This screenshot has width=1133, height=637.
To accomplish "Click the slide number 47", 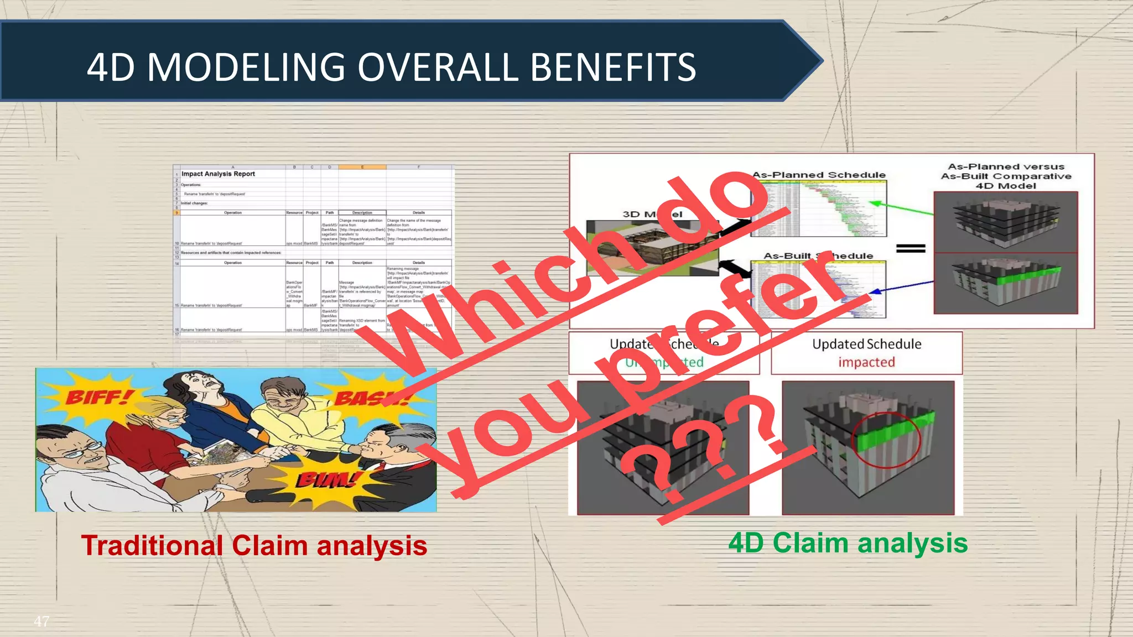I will [41, 621].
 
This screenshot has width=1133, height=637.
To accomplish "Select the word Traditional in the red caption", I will [152, 546].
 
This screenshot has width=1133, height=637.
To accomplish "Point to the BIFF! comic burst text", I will [100, 398].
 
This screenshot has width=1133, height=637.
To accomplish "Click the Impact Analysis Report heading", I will [218, 174].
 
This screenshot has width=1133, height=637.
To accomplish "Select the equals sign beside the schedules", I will [911, 248].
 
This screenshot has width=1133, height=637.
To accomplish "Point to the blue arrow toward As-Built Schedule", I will [902, 286].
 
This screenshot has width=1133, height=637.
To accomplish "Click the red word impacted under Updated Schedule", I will [866, 362].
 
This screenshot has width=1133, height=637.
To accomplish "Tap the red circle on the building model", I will [885, 440].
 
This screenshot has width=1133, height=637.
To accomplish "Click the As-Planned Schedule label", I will [819, 175].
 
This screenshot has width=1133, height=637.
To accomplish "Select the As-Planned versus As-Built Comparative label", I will [1006, 176].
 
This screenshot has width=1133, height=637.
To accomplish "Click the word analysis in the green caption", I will [912, 543].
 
